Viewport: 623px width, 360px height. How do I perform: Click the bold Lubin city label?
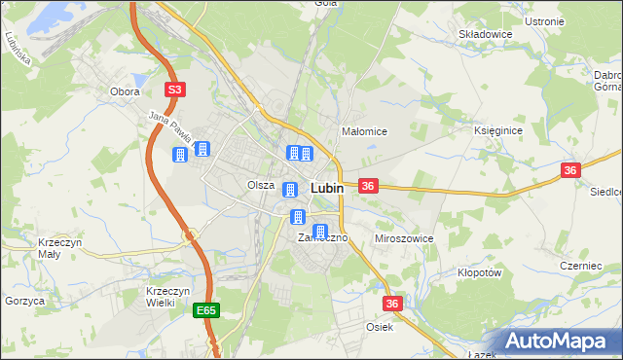click(326, 189)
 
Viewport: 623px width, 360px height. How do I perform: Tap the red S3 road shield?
click(174, 90)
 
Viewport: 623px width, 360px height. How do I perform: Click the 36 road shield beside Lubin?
click(368, 185)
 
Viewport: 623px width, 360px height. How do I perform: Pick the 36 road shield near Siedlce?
click(570, 170)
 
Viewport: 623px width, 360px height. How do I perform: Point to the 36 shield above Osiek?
click(392, 305)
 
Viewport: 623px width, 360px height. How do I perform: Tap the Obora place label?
click(125, 91)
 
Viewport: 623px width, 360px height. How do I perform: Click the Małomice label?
click(365, 131)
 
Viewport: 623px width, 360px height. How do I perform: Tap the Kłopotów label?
click(479, 273)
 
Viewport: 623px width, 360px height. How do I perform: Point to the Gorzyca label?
click(25, 302)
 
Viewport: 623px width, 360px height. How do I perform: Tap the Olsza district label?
click(260, 185)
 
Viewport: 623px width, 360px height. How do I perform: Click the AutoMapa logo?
click(559, 342)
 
